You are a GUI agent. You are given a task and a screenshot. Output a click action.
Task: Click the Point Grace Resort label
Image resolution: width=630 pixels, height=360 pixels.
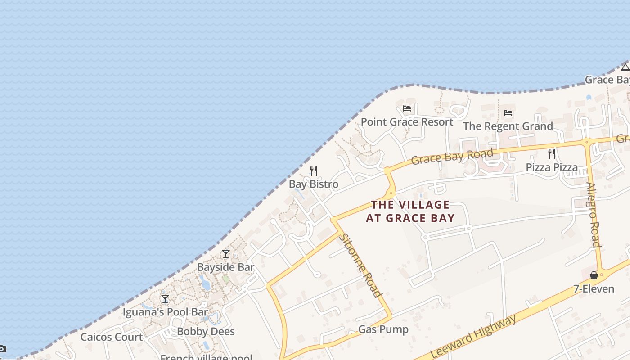pos(407,122)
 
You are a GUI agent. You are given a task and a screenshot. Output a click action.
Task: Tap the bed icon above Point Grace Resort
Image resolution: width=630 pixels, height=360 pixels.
pos(407,108)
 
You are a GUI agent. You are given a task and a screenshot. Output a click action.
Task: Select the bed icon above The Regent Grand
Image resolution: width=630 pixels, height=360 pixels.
pos(508,112)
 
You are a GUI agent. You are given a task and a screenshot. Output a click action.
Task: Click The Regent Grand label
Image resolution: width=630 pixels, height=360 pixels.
pos(508,126)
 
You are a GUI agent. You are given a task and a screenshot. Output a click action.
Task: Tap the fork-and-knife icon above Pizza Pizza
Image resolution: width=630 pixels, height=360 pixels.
pos(552,154)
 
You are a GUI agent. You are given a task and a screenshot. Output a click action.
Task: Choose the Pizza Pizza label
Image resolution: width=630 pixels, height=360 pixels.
pos(552,168)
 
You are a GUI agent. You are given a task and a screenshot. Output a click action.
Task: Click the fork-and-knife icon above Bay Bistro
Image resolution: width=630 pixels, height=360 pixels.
pos(314,171)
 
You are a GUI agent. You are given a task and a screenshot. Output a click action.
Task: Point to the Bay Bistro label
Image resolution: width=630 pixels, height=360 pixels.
pos(314,184)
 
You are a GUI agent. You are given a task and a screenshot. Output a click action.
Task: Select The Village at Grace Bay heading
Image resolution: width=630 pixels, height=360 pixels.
pos(410,211)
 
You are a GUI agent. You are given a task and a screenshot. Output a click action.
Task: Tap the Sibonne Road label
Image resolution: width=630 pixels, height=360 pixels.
pos(361,265)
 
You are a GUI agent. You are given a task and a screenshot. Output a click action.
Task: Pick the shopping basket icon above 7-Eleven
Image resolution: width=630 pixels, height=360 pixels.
pos(594,275)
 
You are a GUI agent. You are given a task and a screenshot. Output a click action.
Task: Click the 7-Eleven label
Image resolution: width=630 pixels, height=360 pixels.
pos(594,289)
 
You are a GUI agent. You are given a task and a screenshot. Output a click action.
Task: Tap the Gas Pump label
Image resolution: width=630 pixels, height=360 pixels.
pos(383,329)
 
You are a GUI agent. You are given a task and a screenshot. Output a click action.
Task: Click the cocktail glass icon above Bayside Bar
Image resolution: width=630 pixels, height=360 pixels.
pos(226,254)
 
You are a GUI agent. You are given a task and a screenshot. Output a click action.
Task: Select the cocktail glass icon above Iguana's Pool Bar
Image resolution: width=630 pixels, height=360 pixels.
pos(165,298)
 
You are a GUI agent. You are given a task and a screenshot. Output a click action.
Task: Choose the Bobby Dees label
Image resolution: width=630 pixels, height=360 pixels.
pos(206,332)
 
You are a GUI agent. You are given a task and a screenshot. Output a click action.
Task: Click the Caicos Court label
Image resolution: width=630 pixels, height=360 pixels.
pos(112,337)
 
